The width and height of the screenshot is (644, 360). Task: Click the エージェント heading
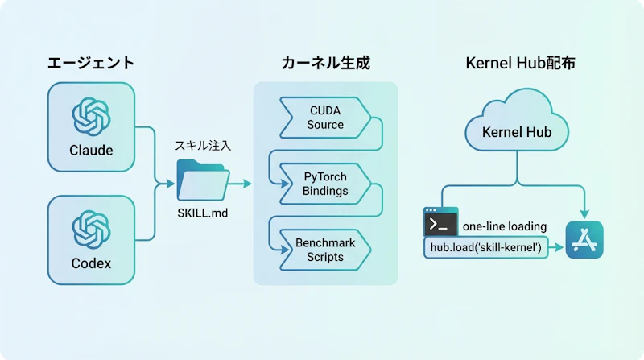[x=90, y=63]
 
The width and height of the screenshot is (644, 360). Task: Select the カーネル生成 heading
[x=325, y=63]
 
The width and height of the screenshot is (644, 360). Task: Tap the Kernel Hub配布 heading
[x=520, y=63]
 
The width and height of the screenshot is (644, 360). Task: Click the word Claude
[x=91, y=151]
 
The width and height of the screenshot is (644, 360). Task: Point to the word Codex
[x=91, y=263]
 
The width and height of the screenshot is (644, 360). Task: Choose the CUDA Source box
[x=325, y=117]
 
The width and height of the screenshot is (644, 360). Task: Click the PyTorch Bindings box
[x=325, y=183]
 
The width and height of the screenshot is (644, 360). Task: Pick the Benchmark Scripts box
[x=325, y=249]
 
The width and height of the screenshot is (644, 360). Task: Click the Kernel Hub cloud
[x=516, y=129]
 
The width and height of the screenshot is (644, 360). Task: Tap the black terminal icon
[x=440, y=222]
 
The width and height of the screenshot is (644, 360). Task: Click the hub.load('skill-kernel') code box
[x=486, y=248]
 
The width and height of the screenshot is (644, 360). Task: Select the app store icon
[x=584, y=239]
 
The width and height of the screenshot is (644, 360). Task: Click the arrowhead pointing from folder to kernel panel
[x=246, y=184]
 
